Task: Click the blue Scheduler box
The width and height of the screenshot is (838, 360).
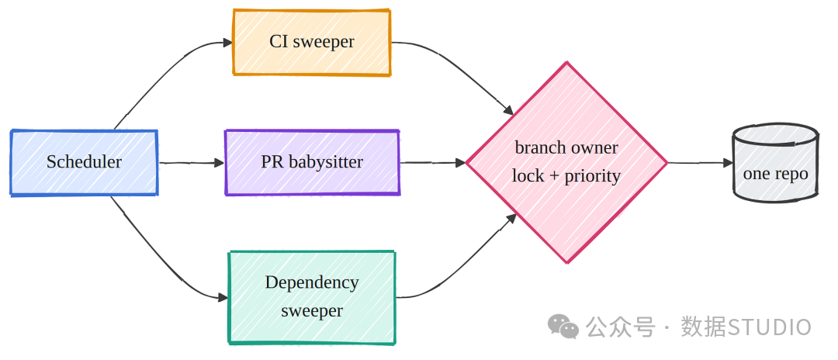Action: pos(84,162)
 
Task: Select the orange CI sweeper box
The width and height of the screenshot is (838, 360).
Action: pos(312,42)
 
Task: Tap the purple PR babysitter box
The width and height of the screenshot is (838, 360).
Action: pos(312,162)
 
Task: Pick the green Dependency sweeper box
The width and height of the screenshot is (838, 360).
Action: pos(312,297)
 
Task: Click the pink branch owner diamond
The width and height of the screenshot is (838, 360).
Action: pos(566,162)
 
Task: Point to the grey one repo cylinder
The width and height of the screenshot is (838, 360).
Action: pos(775,162)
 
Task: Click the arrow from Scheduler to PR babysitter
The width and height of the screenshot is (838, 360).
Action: pos(192,163)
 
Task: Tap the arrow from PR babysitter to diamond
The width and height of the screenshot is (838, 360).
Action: pos(433,162)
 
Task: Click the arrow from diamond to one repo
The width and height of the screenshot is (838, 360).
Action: pos(700,162)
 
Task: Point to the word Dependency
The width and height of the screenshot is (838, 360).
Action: pos(312,282)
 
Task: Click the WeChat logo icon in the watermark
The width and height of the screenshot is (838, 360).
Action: pos(563,326)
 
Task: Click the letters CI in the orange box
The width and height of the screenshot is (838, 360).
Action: pos(279,42)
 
